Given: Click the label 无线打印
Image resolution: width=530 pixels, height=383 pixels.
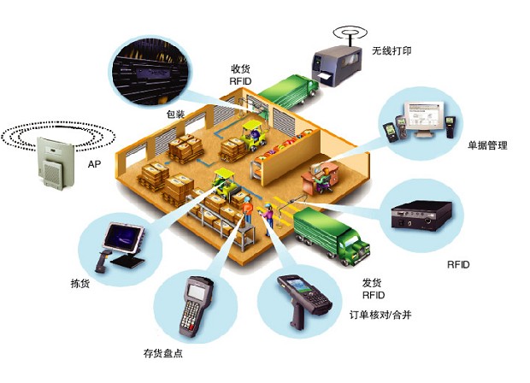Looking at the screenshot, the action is click(x=392, y=50).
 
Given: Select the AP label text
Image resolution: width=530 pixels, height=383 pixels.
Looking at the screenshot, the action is click(x=94, y=164).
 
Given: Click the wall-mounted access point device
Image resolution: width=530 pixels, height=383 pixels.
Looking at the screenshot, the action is click(x=55, y=163).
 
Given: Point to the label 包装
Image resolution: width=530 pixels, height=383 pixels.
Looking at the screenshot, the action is click(x=175, y=115).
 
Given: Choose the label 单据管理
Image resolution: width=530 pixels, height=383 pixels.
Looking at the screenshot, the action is click(x=487, y=145).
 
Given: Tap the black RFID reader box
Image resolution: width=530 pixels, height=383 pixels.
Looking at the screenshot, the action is click(x=421, y=215).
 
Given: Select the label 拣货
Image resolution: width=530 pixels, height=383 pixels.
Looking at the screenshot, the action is click(x=80, y=283).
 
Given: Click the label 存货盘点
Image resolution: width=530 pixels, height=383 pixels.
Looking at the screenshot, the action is click(x=163, y=354).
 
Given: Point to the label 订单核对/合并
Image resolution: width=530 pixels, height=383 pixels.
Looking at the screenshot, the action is click(x=380, y=315).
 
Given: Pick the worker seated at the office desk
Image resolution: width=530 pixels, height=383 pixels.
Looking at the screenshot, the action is click(x=321, y=180).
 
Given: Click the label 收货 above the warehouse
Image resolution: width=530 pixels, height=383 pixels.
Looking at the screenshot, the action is click(x=240, y=69).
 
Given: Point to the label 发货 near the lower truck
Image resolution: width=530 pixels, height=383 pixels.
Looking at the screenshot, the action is click(x=372, y=282).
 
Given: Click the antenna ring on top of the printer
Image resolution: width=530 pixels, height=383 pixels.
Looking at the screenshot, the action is click(x=350, y=32).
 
